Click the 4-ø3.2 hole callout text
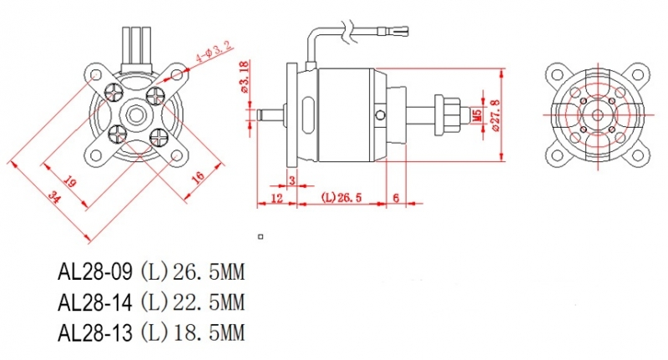215,52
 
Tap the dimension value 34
54,197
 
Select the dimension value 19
70,181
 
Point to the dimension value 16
198,176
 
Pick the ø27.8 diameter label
495,115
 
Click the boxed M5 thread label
478,115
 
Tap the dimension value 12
277,198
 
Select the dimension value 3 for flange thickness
292,180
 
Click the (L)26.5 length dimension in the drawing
342,198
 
